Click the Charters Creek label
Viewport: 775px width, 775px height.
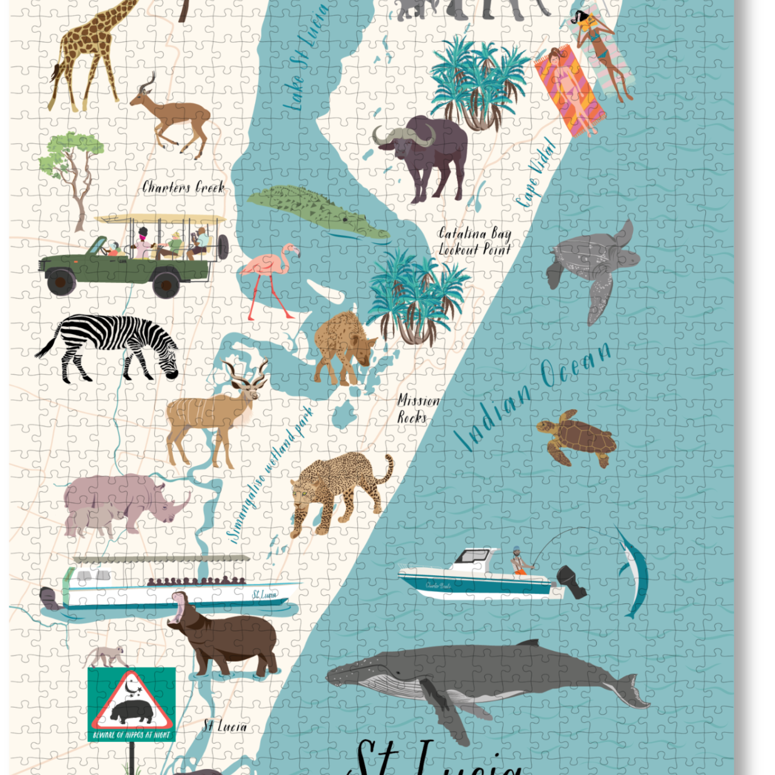point(183,187)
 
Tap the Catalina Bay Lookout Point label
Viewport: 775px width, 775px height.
point(474,241)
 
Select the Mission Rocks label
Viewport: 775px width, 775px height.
point(417,409)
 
